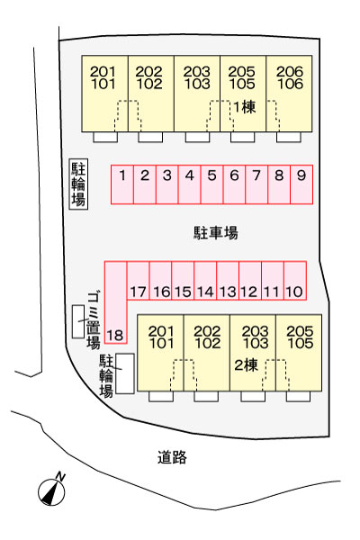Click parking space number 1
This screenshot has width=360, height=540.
[x=122, y=184]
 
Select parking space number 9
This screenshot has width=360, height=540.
[x=301, y=184]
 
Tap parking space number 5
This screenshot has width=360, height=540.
[x=211, y=184]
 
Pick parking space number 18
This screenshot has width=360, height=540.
[x=116, y=302]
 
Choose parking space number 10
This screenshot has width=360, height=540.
[x=295, y=281]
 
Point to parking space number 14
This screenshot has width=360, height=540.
[x=205, y=281]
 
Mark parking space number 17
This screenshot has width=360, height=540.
[x=138, y=281]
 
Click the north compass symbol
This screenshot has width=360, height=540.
[x=51, y=491]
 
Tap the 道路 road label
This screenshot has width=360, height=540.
[x=172, y=457]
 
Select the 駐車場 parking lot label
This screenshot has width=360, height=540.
[x=216, y=233]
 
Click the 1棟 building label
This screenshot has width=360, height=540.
[x=245, y=107]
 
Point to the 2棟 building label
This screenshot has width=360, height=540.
[x=246, y=365]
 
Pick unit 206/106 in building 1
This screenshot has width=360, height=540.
[x=290, y=94]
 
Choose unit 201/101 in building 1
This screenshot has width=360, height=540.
[x=104, y=94]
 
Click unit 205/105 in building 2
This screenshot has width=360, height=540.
[x=299, y=353]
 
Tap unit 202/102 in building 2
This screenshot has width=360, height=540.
[x=207, y=353]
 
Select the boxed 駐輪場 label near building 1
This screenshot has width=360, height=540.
[x=78, y=184]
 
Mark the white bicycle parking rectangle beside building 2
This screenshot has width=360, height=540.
[x=125, y=373]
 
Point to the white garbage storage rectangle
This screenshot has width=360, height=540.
[x=78, y=321]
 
